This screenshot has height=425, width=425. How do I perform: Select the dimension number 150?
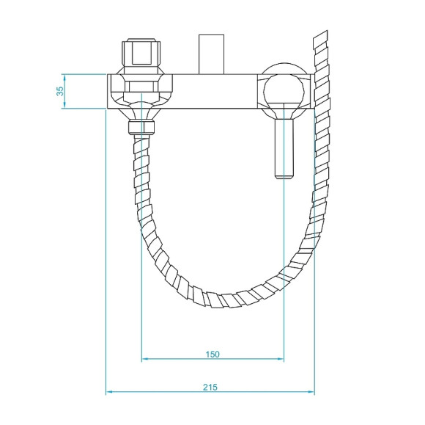211,354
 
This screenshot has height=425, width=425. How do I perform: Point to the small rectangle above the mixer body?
212,53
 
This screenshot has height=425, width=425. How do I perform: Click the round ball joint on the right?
282,91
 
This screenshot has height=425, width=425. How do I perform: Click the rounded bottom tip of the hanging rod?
283,176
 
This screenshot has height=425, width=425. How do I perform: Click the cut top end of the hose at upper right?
320,37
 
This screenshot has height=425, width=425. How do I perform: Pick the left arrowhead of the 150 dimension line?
144,360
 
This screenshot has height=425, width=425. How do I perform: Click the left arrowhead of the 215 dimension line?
110,392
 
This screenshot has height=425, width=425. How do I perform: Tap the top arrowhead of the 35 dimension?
64,76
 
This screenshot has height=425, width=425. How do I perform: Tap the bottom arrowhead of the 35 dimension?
64,106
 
